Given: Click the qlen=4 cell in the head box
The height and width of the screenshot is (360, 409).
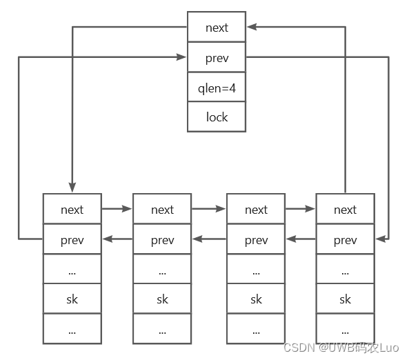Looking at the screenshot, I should click(217, 87).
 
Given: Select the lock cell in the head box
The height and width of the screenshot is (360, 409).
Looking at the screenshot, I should click(217, 117).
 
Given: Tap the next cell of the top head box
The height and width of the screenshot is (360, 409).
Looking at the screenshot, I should click(217, 28).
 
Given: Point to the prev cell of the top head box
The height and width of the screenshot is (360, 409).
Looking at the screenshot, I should click(217, 57).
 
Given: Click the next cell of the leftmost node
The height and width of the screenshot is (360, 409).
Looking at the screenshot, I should click(72, 209).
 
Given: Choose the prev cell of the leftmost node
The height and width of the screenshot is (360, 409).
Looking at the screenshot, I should click(72, 240).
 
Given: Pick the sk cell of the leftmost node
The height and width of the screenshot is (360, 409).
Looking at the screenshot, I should click(72, 299).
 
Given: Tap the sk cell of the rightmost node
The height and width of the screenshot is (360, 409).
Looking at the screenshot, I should click(345, 299).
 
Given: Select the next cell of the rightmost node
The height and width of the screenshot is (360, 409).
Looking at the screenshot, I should click(345, 209).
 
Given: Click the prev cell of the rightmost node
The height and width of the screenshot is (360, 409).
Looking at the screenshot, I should click(345, 240).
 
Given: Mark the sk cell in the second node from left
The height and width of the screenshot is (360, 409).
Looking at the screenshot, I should click(162, 299).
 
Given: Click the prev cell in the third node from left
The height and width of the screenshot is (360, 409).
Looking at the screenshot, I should click(256, 240).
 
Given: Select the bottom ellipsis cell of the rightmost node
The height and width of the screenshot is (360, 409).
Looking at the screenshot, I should click(345, 329).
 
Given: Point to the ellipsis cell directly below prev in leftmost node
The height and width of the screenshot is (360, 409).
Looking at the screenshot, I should click(72, 270).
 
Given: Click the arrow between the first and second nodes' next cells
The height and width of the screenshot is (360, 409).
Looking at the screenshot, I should click(117, 208).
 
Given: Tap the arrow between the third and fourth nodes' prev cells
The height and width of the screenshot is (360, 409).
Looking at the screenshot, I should click(300, 239).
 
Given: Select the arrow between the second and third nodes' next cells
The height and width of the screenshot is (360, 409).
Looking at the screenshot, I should click(209, 208).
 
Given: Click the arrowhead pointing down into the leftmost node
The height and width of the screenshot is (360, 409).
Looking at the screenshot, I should click(72, 188).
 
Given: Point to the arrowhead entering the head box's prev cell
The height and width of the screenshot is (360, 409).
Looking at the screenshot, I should click(182, 57).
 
